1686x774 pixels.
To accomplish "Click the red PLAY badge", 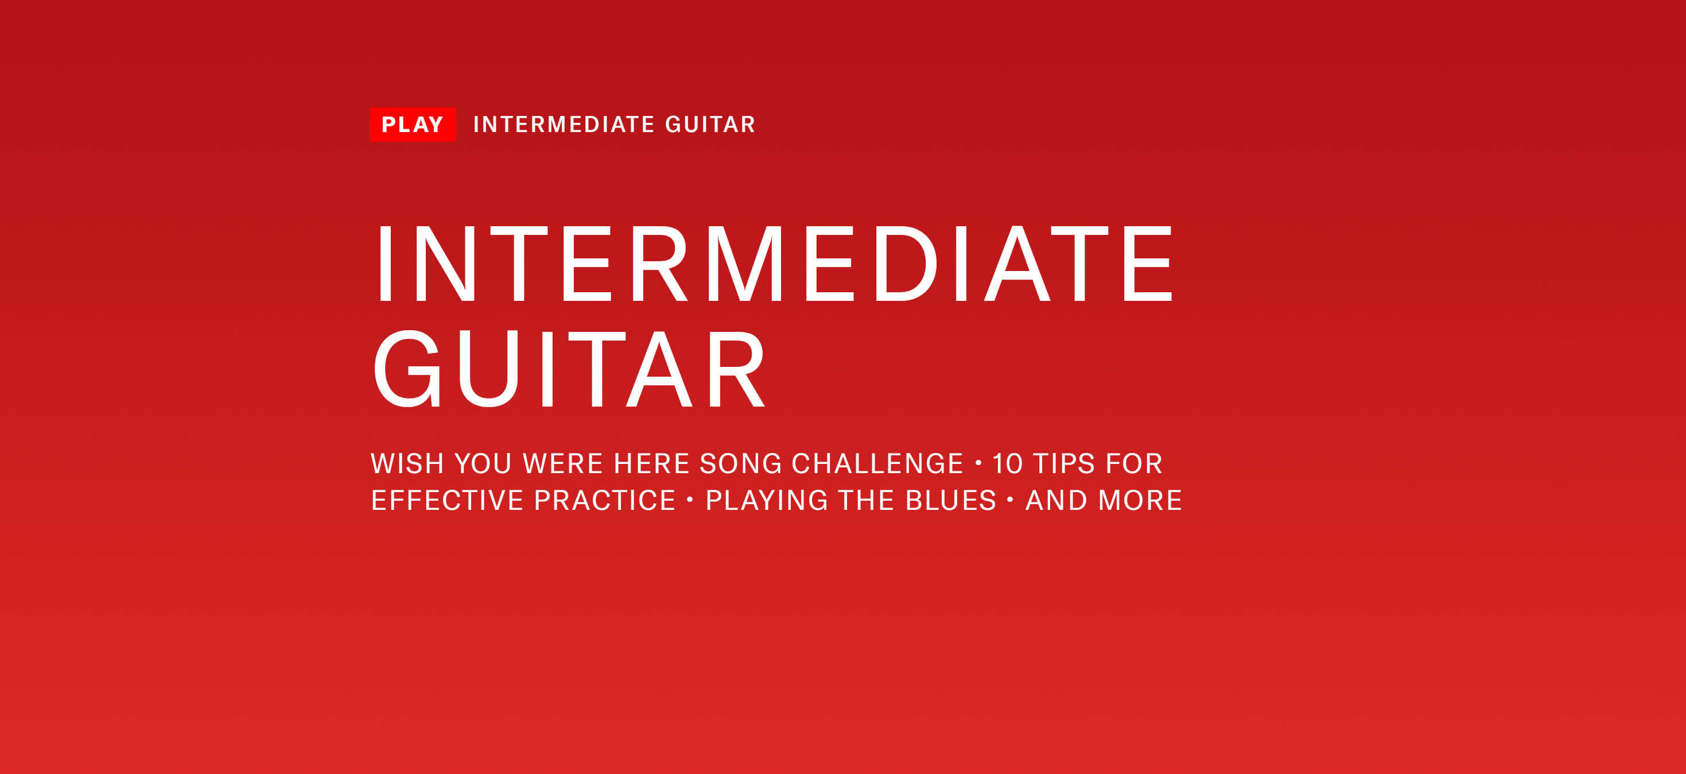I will coord(413,125).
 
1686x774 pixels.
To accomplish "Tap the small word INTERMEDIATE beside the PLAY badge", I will coord(564,125).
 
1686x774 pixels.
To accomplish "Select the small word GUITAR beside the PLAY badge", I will coord(710,125).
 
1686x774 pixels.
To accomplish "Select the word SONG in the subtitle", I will coord(741,463).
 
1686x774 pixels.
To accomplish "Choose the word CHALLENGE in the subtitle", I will coord(877,463).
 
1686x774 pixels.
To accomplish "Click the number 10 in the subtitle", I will coord(1007,463).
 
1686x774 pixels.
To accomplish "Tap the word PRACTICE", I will coord(605,500).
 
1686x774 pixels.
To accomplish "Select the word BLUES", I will coord(951,500).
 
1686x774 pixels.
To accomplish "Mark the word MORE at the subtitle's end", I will coord(1140,500).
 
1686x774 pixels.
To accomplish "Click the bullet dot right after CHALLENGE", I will coord(978,463).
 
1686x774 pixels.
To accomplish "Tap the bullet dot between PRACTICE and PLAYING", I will coord(690,500).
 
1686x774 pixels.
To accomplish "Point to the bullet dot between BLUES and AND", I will coord(1010,500).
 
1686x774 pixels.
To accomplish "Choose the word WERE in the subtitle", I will coord(563,463).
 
